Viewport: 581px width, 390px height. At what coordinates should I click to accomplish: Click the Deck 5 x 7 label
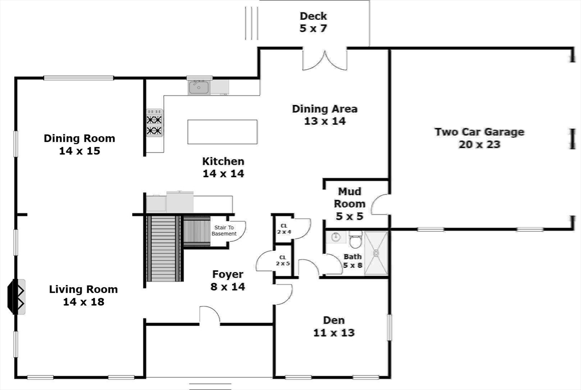(x=313, y=22)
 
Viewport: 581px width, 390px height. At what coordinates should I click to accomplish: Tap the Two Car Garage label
(x=479, y=138)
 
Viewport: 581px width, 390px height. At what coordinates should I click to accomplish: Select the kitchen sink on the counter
(x=199, y=87)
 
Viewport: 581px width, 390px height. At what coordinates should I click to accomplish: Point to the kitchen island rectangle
(x=222, y=131)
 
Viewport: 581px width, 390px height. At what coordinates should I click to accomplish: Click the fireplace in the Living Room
(x=16, y=296)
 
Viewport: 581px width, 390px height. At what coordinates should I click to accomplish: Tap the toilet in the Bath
(x=356, y=241)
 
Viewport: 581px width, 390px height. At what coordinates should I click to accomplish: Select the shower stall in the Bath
(x=376, y=253)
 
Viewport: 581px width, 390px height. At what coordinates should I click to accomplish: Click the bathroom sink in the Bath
(x=336, y=237)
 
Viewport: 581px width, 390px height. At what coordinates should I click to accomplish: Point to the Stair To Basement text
(x=224, y=230)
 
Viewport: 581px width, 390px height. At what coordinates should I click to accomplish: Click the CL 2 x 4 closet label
(x=283, y=228)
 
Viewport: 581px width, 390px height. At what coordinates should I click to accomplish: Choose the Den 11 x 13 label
(x=334, y=326)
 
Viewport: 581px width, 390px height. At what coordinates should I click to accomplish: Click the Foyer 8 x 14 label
(x=228, y=280)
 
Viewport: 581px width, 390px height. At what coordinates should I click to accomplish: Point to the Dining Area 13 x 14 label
(x=325, y=115)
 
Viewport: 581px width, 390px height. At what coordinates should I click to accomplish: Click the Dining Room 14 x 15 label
(x=79, y=144)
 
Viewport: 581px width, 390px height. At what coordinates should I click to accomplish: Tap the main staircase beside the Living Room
(x=164, y=249)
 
